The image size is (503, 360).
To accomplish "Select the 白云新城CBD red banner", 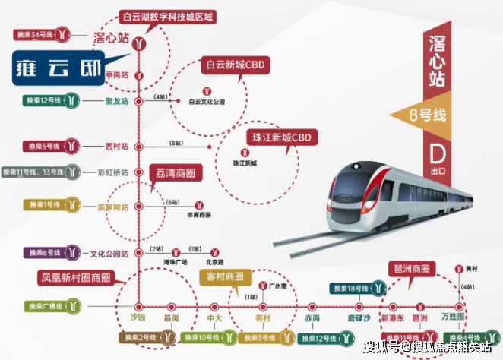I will click(235, 65).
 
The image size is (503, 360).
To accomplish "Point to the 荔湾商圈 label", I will click(175, 173).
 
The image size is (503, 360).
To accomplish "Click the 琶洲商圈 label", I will click(412, 269).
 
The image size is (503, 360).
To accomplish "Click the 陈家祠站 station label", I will click(111, 206).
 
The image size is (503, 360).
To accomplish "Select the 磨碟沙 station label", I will click(357, 317).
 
